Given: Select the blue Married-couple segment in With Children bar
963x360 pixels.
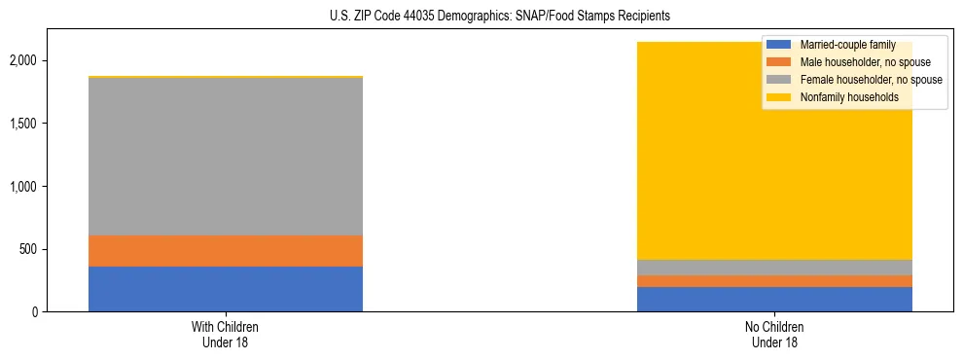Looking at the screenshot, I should click(226, 289).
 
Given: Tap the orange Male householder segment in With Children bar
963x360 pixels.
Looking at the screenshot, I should click(226, 251).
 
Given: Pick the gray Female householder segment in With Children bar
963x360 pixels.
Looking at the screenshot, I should click(226, 156).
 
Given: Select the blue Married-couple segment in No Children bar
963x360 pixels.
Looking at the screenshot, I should click(774, 300).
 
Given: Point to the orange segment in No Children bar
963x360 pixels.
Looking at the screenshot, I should click(774, 281).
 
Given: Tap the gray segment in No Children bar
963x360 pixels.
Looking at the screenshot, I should click(774, 268).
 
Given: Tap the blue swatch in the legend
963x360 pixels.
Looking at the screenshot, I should click(778, 45).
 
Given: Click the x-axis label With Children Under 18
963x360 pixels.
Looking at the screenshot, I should click(226, 335).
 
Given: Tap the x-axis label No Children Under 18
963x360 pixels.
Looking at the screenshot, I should click(774, 335).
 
